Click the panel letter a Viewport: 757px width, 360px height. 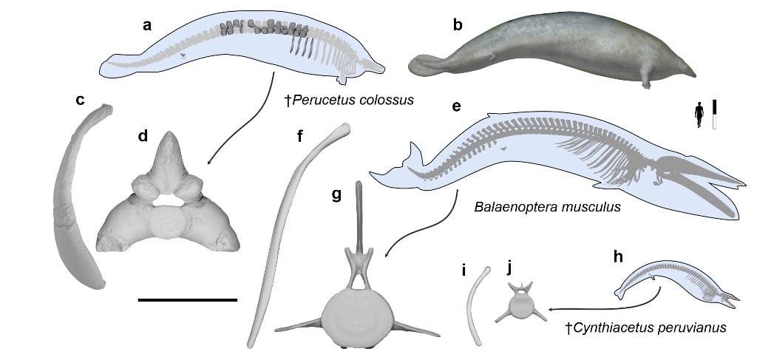coord(147,26)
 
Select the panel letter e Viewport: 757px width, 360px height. coord(456,106)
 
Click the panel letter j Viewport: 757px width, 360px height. coord(511,266)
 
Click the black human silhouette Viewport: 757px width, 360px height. coord(699,116)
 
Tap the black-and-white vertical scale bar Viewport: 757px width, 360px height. coord(715,115)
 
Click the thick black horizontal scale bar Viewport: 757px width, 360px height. coord(187,300)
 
